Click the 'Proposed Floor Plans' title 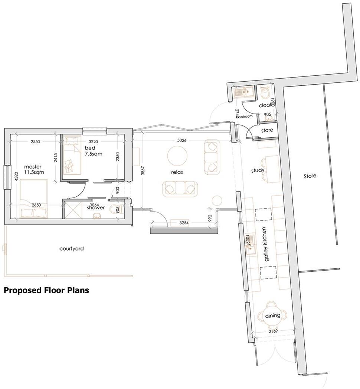click(46, 290)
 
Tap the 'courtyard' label click(72, 249)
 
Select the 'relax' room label click(177, 172)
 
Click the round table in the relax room click(177, 156)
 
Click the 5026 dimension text click(181, 140)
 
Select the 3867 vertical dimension click(143, 170)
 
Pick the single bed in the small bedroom click(72, 155)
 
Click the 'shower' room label click(96, 208)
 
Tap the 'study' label click(258, 170)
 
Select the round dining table click(272, 316)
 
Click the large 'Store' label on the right click(310, 176)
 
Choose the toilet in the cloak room click(265, 92)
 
